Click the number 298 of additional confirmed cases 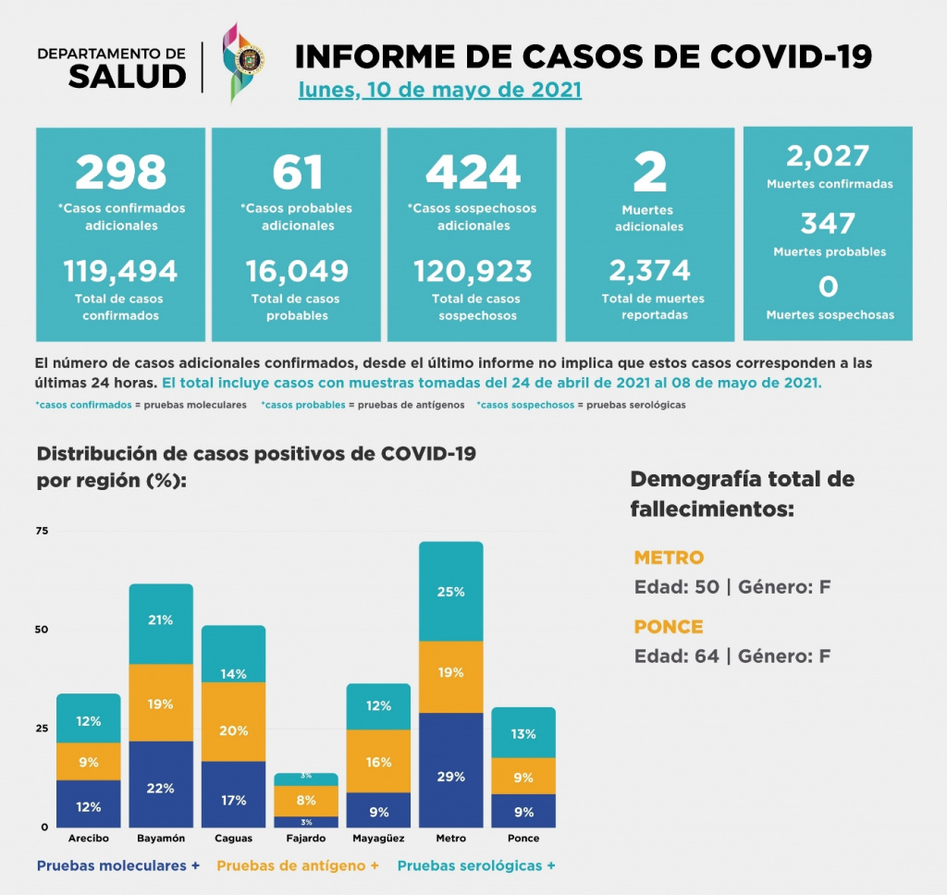[120, 172]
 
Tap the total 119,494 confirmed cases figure [120, 271]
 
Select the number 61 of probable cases [296, 172]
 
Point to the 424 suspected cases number [473, 172]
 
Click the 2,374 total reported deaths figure [649, 271]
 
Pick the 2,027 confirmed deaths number [828, 155]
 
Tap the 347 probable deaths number [828, 224]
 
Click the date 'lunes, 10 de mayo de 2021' [439, 91]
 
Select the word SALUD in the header [128, 77]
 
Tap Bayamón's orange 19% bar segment [160, 703]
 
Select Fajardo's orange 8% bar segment [306, 801]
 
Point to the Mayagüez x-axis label [377, 839]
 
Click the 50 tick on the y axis [43, 630]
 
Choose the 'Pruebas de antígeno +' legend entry [298, 866]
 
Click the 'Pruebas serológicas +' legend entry [476, 866]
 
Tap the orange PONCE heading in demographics [669, 626]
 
